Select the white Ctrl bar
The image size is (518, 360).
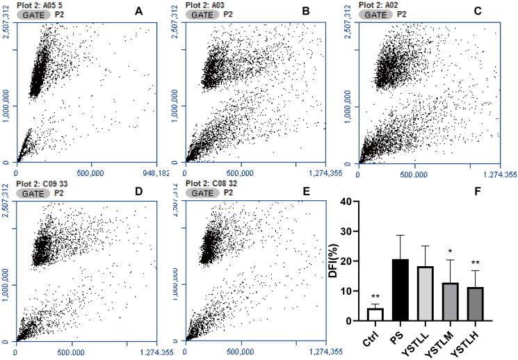pyautogui.click(x=375, y=314)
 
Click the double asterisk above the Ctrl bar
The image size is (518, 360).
pyautogui.click(x=375, y=297)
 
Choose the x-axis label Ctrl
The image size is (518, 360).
pyautogui.click(x=372, y=335)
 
